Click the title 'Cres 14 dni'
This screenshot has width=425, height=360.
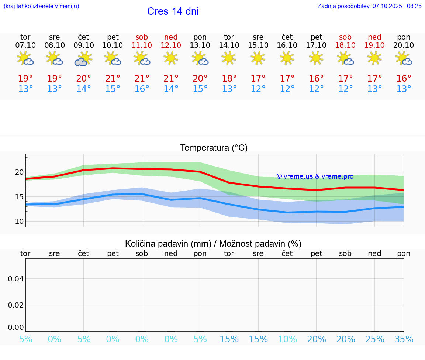tap(173, 11)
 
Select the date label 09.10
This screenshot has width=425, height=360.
tap(83, 45)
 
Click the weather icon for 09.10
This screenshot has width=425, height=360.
tap(83, 58)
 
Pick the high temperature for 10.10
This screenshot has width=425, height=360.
tap(113, 78)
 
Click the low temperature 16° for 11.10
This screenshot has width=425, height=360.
tap(142, 89)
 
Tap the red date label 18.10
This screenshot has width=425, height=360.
tap(345, 45)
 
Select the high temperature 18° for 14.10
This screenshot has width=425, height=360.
tap(229, 78)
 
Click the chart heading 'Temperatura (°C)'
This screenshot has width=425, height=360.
tap(214, 148)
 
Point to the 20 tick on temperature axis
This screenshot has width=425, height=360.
tap(19, 172)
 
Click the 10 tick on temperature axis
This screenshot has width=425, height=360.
tap(19, 221)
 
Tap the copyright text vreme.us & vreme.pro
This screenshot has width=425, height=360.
tap(315, 176)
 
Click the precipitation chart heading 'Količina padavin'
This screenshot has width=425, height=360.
tap(213, 244)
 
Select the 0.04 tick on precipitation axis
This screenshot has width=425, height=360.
tap(16, 278)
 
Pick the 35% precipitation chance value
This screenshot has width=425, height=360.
tap(404, 339)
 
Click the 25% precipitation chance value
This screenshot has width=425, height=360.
tap(375, 339)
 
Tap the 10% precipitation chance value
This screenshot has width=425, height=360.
tap(287, 339)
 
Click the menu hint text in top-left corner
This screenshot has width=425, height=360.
tap(41, 6)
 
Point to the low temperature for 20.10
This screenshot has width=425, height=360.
tap(404, 89)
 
